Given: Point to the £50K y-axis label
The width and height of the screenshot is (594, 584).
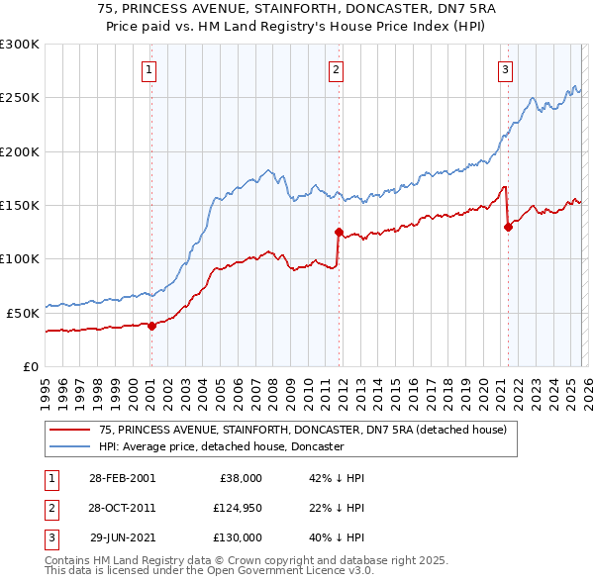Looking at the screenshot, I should click(x=23, y=312).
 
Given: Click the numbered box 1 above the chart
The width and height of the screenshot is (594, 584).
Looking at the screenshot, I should click(x=148, y=69).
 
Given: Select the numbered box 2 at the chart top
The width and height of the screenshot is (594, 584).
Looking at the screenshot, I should click(x=337, y=69).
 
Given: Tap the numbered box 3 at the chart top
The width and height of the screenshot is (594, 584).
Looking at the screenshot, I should click(x=505, y=69).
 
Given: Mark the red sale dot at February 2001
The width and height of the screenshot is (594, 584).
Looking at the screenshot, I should click(x=151, y=326).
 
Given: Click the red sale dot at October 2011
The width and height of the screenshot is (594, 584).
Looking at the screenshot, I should click(x=339, y=233).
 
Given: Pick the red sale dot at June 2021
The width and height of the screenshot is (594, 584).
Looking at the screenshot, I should click(x=508, y=227).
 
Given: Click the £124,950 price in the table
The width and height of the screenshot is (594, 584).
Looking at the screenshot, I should click(x=237, y=508).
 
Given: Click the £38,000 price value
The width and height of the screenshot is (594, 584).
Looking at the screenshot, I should click(x=241, y=478).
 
